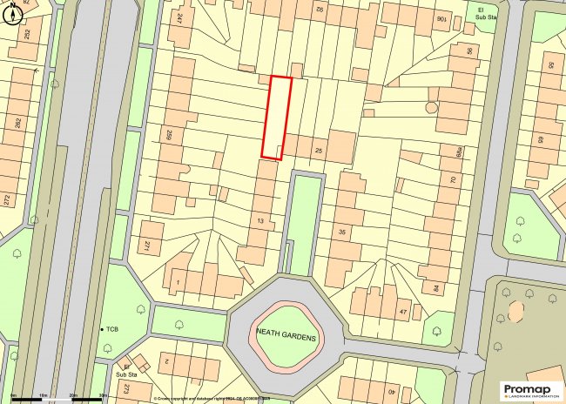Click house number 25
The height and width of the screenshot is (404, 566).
(x=319, y=151)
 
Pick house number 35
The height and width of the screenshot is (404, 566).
(x=342, y=232)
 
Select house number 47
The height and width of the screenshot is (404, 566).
(x=402, y=311)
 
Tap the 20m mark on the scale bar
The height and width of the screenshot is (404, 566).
(x=74, y=395)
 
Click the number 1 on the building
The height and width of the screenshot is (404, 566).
(x=177, y=282)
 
